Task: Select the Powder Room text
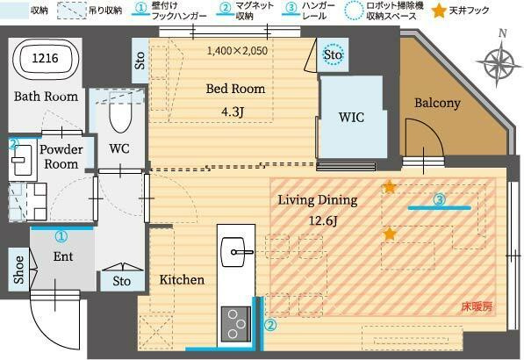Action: [61, 156]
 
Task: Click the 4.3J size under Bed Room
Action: [234, 112]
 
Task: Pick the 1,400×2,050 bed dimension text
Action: [237, 51]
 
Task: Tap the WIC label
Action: [351, 117]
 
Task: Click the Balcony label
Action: [437, 104]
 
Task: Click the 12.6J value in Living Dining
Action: [317, 220]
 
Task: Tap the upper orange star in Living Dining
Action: [389, 186]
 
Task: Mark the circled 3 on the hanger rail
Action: [440, 199]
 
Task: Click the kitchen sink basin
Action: [235, 253]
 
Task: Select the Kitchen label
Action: [182, 280]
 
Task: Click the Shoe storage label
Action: [18, 270]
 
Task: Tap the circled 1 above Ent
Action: [61, 236]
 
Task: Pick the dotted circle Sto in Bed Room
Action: [333, 54]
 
